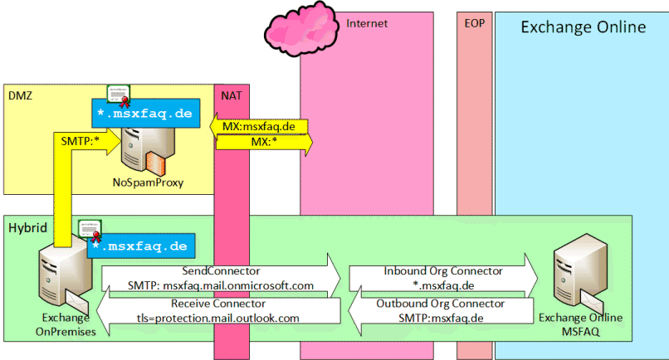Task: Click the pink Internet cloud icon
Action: (x=301, y=29)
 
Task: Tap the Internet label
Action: (x=367, y=23)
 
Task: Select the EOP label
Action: (x=475, y=23)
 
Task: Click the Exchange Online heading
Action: (x=584, y=27)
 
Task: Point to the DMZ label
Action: (x=20, y=95)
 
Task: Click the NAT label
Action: (x=232, y=95)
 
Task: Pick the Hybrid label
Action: (x=27, y=228)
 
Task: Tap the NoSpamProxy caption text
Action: (x=148, y=182)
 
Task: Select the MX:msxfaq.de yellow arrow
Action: (x=259, y=126)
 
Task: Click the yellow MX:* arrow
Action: (x=265, y=142)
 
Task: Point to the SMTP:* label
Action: (x=81, y=141)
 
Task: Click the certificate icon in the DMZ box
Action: (x=119, y=95)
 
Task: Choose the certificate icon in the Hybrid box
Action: (x=90, y=231)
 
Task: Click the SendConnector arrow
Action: (x=221, y=278)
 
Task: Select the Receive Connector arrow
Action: (x=218, y=310)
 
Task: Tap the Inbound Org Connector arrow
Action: (x=443, y=278)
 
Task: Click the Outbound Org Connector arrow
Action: (x=441, y=310)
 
